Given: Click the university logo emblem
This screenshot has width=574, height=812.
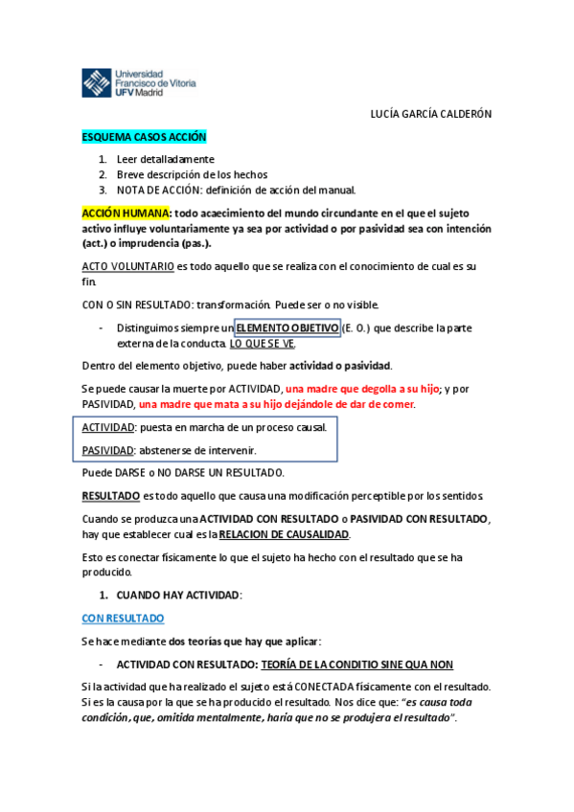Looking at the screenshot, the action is pyautogui.click(x=96, y=82).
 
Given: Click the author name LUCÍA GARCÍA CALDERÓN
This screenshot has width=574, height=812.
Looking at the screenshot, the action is pyautogui.click(x=430, y=114).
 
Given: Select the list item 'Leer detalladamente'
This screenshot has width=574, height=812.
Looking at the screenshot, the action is pyautogui.click(x=166, y=159).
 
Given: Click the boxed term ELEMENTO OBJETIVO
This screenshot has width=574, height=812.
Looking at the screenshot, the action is pyautogui.click(x=287, y=328).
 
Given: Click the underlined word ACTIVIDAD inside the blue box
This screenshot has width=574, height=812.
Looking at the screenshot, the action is pyautogui.click(x=107, y=427).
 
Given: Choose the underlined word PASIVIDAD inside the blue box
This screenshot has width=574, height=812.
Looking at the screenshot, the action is pyautogui.click(x=107, y=450).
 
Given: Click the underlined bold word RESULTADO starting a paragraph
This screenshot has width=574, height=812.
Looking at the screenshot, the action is pyautogui.click(x=109, y=496).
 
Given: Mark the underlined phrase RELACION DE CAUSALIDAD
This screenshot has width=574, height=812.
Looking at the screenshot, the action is pyautogui.click(x=285, y=534).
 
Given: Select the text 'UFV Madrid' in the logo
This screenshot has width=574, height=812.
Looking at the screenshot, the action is pyautogui.click(x=139, y=93).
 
